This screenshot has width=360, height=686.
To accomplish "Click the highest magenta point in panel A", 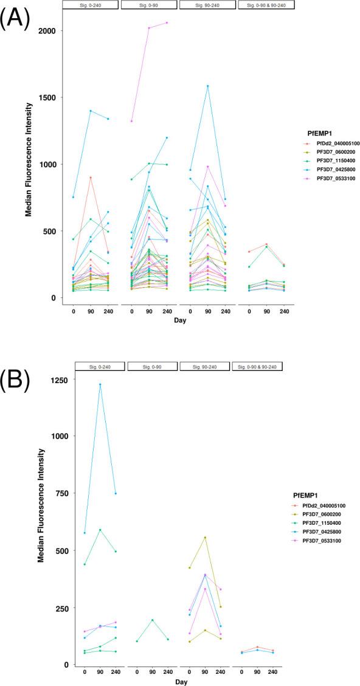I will coord(166,23).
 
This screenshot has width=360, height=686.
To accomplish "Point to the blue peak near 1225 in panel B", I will coord(100,384).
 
